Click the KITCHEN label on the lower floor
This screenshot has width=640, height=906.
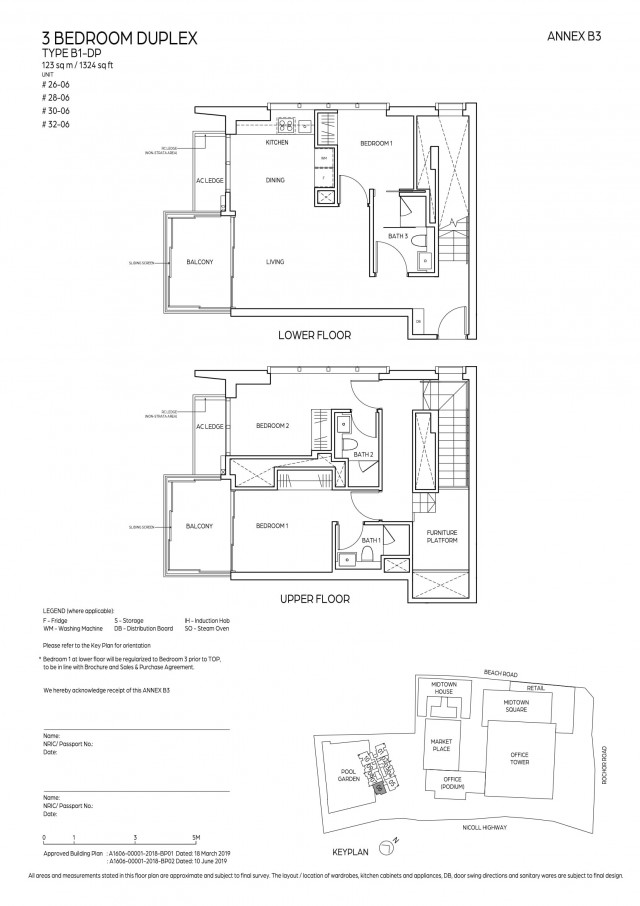[x=277, y=143]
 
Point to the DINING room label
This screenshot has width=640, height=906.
[x=275, y=181]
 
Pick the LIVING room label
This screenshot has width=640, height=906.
[x=275, y=262]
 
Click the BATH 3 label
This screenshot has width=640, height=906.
[x=398, y=236]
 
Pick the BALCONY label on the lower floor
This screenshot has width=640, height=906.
[x=200, y=262]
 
